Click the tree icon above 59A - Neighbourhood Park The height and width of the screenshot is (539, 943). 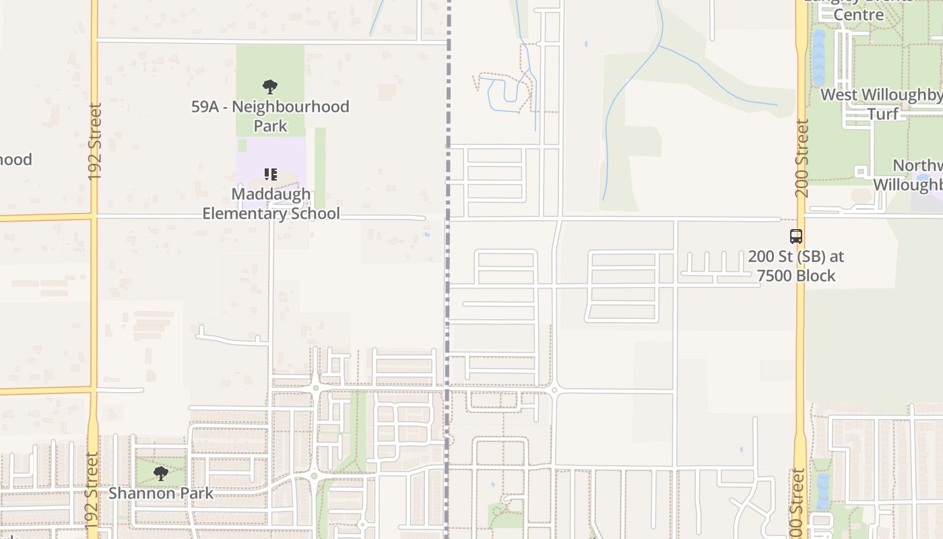[270, 86]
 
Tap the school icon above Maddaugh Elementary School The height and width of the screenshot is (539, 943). [270, 175]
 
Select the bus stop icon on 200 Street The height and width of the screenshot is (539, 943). [796, 236]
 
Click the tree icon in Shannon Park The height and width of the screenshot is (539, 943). [160, 473]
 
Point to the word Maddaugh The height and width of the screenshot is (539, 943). [271, 194]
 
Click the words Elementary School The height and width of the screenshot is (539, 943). [271, 214]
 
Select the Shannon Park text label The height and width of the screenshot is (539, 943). [161, 493]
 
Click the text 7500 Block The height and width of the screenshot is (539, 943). [795, 276]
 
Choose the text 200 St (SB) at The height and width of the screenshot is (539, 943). [795, 257]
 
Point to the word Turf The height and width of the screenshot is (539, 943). [882, 114]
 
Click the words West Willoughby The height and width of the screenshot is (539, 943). [881, 95]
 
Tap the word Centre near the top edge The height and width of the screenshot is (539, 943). [858, 15]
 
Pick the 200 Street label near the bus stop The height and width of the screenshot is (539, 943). [801, 158]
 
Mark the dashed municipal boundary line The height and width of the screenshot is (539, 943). [447, 303]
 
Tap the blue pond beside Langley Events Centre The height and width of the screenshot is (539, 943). [818, 57]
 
